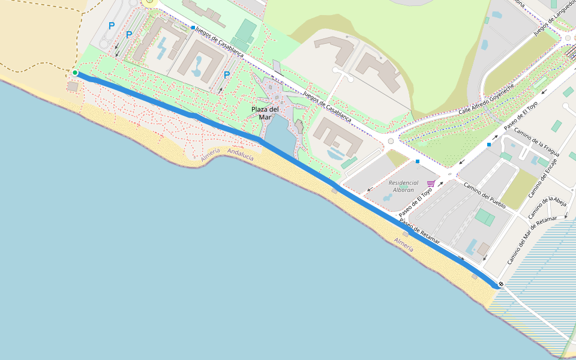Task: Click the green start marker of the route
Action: pos(75,73)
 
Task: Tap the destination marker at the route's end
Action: pos(500,284)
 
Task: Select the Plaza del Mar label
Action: pos(265,113)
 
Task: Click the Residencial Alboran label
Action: pos(401,186)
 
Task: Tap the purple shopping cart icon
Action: pos(431,184)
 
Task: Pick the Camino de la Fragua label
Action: pos(536,142)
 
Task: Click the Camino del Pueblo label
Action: pos(484,196)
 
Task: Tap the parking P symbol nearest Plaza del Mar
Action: pos(226,75)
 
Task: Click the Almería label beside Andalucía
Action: pos(211,155)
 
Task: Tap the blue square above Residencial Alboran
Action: pos(418,161)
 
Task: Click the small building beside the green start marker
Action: pos(73,86)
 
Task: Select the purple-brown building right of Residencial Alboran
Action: pos(483,248)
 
